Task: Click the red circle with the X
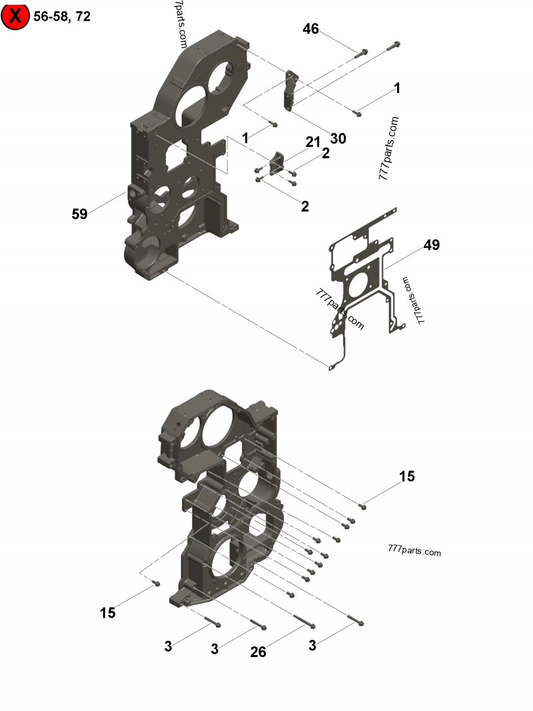[x=15, y=16]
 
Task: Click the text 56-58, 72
[x=62, y=17]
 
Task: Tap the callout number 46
[x=310, y=29]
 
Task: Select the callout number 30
[x=338, y=139]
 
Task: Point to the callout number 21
[x=313, y=142]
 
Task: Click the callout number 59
[x=80, y=214]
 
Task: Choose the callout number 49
[x=432, y=245]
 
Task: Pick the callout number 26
[x=258, y=652]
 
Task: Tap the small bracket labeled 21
[x=276, y=162]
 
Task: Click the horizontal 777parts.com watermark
[x=414, y=552]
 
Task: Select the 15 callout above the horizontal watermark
[x=407, y=476]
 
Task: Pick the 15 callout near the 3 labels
[x=107, y=612]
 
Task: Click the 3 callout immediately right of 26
[x=313, y=645]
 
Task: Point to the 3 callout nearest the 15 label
[x=168, y=646]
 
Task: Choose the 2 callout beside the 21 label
[x=326, y=153]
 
